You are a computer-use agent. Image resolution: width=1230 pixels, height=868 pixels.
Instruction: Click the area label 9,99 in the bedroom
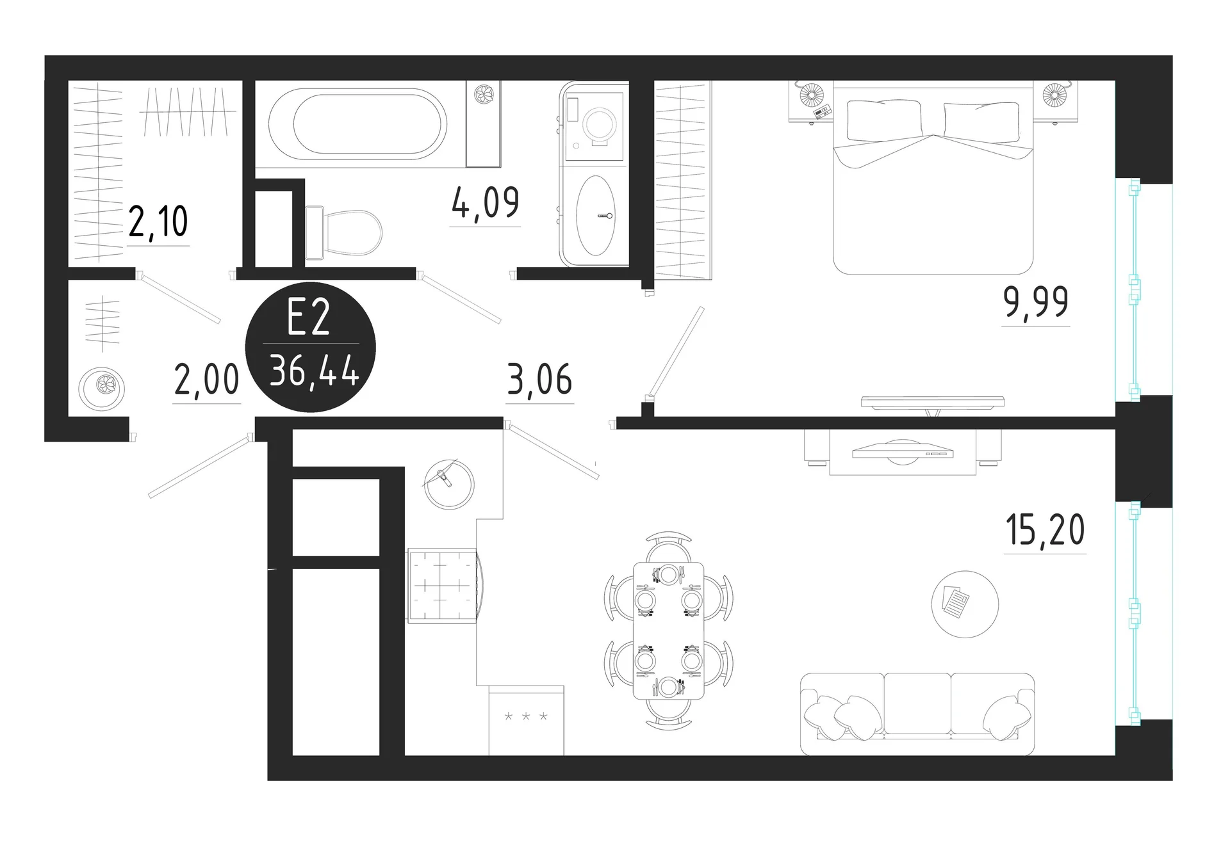(x=1035, y=302)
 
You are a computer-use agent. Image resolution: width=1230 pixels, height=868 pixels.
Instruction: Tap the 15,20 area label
(x=1045, y=530)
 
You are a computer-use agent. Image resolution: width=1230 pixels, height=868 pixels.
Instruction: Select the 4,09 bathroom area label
(x=485, y=203)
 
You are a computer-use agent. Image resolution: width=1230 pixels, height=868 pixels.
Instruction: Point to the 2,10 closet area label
(x=158, y=221)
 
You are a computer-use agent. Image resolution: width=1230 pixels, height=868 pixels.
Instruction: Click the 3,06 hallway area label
(x=539, y=379)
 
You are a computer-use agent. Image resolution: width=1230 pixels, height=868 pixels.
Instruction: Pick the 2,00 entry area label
(x=206, y=379)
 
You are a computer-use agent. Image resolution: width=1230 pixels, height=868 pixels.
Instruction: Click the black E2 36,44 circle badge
(x=311, y=347)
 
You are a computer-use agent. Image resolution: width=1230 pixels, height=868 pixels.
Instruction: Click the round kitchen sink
(x=449, y=484)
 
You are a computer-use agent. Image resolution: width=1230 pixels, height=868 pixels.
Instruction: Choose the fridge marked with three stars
(x=526, y=720)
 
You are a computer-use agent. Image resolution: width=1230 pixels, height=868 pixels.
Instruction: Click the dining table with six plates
(x=668, y=631)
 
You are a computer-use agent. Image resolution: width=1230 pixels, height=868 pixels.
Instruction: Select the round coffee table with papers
(x=965, y=604)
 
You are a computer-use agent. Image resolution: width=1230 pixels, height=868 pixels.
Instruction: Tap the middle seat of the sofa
(x=917, y=704)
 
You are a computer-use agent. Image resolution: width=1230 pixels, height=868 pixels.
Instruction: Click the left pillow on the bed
(x=885, y=120)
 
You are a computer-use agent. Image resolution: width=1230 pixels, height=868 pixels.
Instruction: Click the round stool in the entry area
(x=102, y=388)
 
